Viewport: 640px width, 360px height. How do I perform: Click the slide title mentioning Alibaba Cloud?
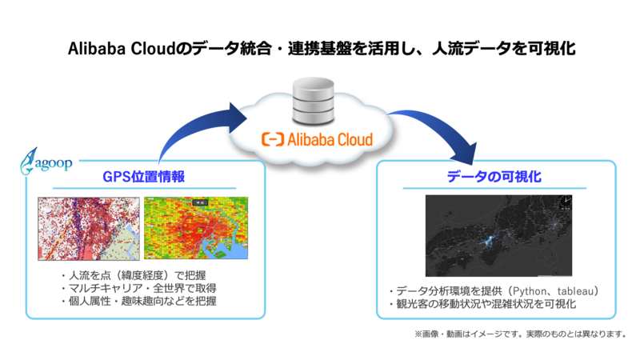[320, 49]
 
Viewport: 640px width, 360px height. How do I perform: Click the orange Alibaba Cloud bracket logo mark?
[273, 139]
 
